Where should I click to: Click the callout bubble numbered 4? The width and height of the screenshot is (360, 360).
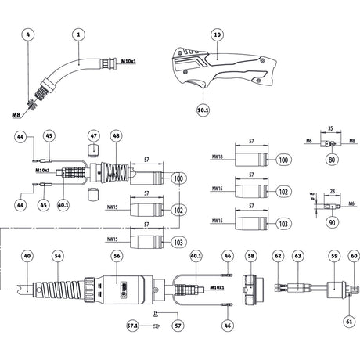click(29, 34)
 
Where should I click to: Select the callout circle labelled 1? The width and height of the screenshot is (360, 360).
click(78, 34)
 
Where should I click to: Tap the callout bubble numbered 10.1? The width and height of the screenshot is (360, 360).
click(203, 111)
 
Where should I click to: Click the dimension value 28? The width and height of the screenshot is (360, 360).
click(333, 189)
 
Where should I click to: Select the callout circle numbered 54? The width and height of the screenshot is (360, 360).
click(56, 255)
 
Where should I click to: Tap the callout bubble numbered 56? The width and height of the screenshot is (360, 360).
click(117, 255)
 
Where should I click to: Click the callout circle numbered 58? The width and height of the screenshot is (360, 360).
click(251, 255)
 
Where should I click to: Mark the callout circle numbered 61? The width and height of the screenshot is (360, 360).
click(348, 321)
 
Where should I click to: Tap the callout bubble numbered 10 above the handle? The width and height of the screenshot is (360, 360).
click(218, 34)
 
